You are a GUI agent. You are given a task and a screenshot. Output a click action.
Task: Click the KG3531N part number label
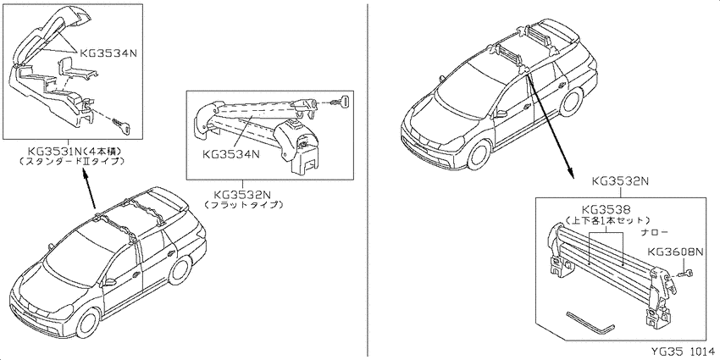coord(55,151)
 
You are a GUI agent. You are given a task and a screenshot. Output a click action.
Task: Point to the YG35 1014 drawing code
coord(684,352)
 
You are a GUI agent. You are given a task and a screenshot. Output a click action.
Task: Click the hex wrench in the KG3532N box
coord(590,323)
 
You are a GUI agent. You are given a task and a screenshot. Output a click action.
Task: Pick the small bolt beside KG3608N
coord(685,274)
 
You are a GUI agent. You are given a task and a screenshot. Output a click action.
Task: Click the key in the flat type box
coord(343,100)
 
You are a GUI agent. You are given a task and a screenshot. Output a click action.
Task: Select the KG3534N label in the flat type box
coord(231,154)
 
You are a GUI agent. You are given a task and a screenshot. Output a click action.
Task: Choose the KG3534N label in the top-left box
coord(108,53)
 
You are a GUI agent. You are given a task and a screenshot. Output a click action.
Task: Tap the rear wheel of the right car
coord(571,100)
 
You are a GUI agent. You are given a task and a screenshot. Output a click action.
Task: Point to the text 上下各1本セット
coord(608,220)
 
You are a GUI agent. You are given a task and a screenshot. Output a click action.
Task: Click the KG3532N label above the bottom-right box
coord(620,181)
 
